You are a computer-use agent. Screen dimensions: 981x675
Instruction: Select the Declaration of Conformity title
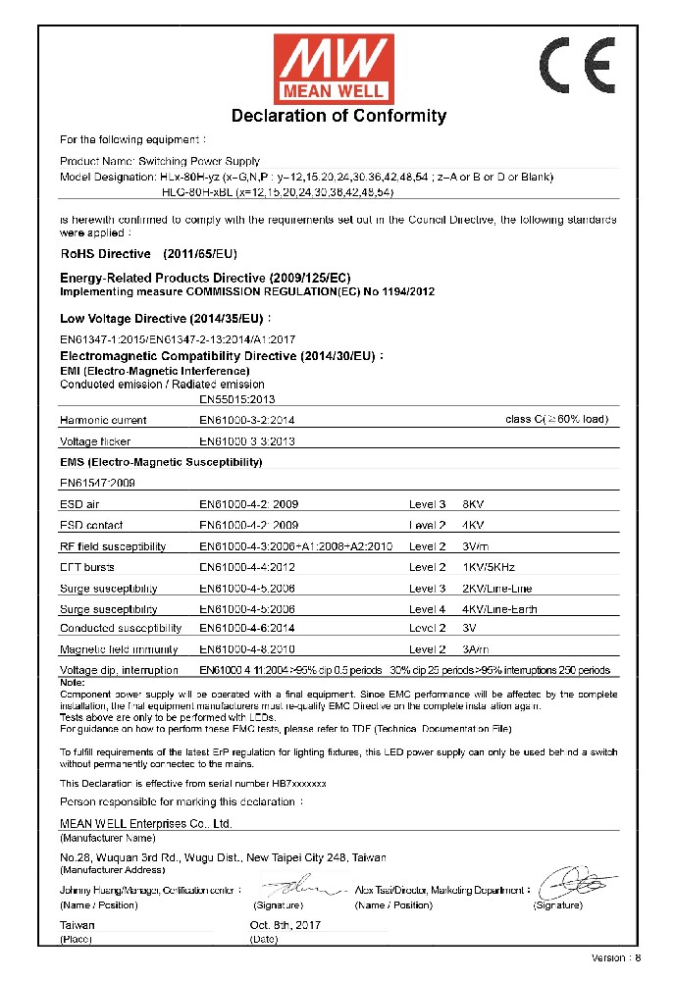(x=338, y=116)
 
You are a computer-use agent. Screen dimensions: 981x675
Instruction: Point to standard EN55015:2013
(x=237, y=399)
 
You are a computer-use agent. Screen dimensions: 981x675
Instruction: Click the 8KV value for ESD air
(x=473, y=503)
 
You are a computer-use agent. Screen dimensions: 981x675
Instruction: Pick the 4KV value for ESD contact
(x=473, y=525)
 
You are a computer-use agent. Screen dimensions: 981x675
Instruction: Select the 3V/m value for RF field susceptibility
(x=476, y=546)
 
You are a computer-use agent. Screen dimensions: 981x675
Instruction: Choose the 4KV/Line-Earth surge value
(x=500, y=609)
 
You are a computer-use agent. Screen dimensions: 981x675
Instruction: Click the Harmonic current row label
(x=103, y=420)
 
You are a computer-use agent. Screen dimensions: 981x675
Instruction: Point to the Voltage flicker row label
(x=95, y=441)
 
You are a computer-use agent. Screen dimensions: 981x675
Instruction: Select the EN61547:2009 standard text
(x=97, y=483)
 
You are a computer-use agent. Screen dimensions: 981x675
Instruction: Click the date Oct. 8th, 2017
(x=286, y=925)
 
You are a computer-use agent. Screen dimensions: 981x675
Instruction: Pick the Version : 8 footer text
(x=615, y=957)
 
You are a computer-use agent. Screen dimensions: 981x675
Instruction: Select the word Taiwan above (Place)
(x=78, y=925)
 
